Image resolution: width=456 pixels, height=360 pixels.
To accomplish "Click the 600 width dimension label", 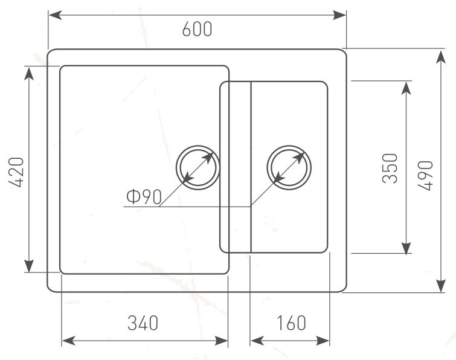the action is pos(197,30).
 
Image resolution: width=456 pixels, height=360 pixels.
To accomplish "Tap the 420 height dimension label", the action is pos(16,172).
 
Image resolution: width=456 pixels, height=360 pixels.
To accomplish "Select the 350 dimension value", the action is pos(390,169).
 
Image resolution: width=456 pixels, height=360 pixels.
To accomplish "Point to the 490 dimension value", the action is pos(425,176).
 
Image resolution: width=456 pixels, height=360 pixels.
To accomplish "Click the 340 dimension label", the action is pos(143,323).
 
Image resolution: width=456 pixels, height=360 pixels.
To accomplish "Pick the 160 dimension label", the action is pos(291,323).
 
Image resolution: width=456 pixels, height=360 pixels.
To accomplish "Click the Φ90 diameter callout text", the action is pos(144,196).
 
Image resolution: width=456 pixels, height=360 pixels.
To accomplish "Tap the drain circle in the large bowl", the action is pos(197,146).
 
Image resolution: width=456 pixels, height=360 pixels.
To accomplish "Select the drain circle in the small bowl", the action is pos(289,146).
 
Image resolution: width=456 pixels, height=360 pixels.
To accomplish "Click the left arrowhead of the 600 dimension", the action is pos(55,15).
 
